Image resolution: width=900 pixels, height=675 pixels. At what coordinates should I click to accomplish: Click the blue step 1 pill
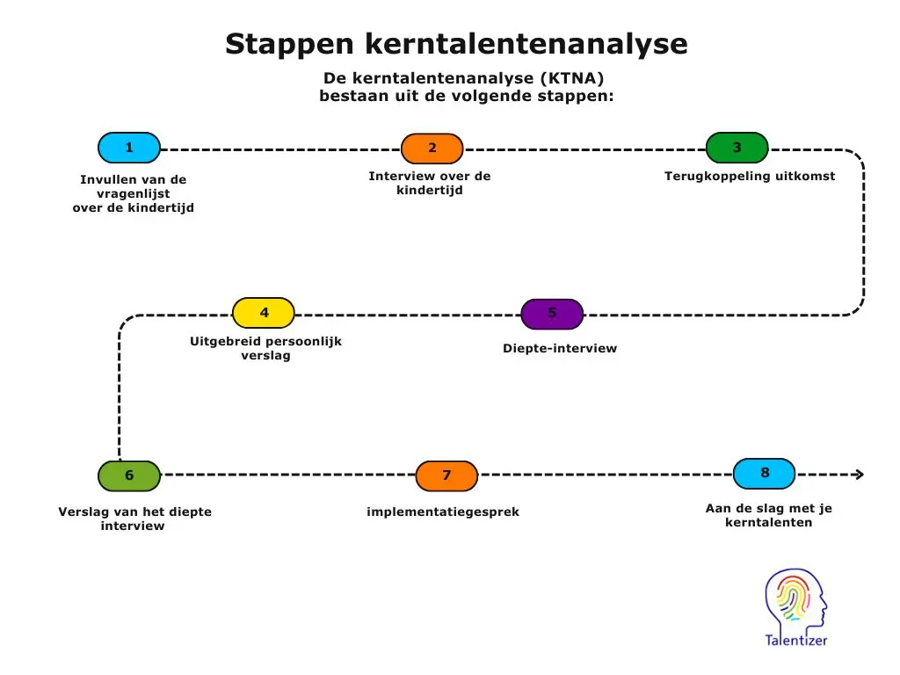click(128, 148)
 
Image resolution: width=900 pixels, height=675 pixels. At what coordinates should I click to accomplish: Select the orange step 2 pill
click(432, 149)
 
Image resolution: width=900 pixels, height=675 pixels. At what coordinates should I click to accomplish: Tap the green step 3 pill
click(737, 148)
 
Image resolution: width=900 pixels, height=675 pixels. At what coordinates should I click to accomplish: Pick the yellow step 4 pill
click(264, 313)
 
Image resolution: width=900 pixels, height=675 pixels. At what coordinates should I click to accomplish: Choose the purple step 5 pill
click(552, 314)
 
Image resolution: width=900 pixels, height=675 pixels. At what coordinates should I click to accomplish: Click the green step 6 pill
click(129, 475)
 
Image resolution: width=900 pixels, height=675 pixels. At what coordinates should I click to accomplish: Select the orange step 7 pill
click(446, 475)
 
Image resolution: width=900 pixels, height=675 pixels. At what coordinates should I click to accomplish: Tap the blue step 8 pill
click(764, 473)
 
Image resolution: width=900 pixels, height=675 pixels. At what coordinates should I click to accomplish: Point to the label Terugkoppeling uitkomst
click(750, 176)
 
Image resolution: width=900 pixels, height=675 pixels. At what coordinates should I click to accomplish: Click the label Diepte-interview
click(560, 348)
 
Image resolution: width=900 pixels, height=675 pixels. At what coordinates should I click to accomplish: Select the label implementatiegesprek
click(443, 512)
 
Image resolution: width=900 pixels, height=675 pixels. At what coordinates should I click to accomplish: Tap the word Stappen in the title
click(289, 44)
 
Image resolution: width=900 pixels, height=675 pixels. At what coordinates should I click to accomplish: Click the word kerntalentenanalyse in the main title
click(526, 44)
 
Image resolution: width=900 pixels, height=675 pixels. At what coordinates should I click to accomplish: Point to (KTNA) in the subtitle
click(572, 78)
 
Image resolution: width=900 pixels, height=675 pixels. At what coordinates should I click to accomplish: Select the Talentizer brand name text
click(795, 641)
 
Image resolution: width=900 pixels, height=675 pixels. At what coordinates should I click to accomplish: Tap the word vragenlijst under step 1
click(133, 193)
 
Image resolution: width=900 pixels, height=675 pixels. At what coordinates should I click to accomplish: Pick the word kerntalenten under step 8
click(768, 523)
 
